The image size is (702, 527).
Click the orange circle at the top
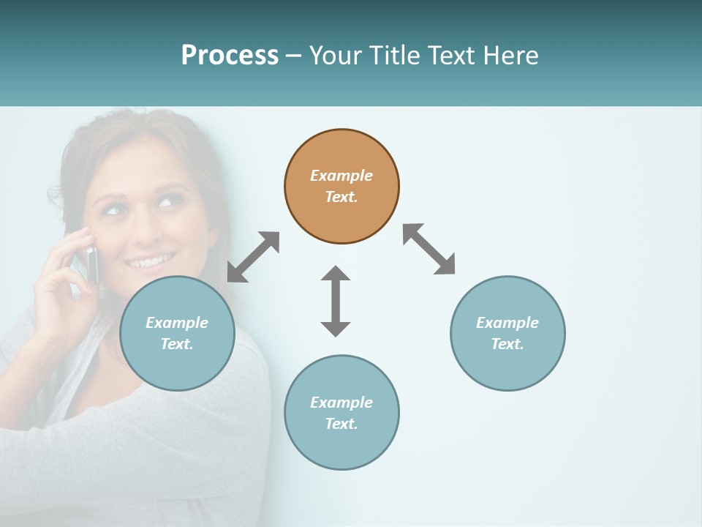pyautogui.click(x=341, y=187)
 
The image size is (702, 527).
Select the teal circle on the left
pyautogui.click(x=177, y=333)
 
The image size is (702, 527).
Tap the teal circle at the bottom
pyautogui.click(x=341, y=412)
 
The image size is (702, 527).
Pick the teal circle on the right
pyautogui.click(x=507, y=333)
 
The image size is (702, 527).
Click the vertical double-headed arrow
pyautogui.click(x=336, y=301)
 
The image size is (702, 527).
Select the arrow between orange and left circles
pyautogui.click(x=253, y=257)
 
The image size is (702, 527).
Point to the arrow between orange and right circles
pyautogui.click(x=429, y=249)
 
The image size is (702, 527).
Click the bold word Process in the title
pyautogui.click(x=230, y=56)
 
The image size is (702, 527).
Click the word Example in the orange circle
pyautogui.click(x=341, y=176)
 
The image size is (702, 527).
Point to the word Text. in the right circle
pyautogui.click(x=507, y=344)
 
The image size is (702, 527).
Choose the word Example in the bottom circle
pyautogui.click(x=341, y=402)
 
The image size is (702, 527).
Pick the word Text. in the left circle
pyautogui.click(x=177, y=344)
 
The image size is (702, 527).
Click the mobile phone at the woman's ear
pyautogui.click(x=91, y=263)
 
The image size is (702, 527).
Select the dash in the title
pyautogui.click(x=294, y=56)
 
